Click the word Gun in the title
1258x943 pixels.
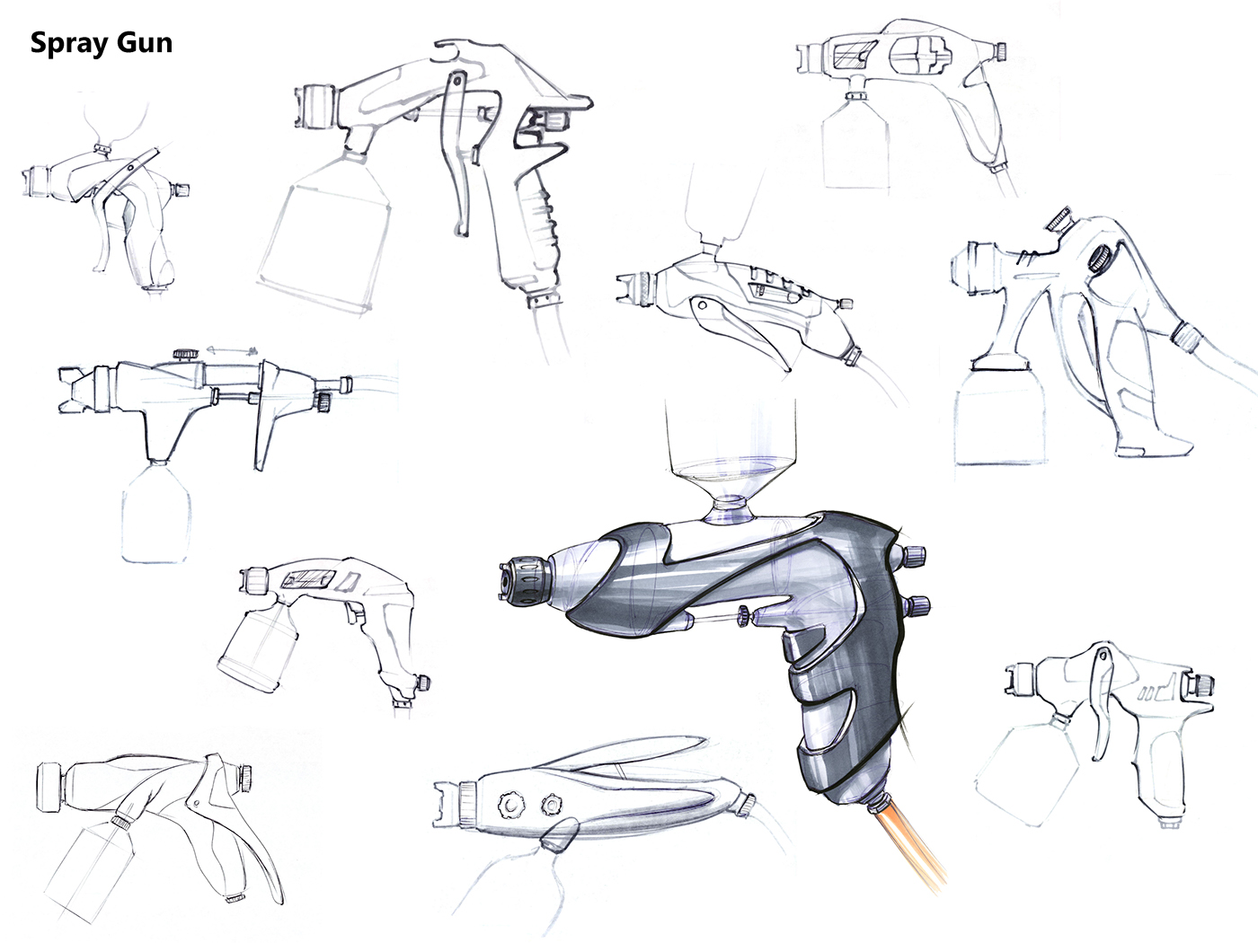pyautogui.click(x=145, y=43)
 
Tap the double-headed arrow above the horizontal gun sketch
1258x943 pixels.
pyautogui.click(x=232, y=349)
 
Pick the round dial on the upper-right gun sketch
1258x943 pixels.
pyautogui.click(x=1098, y=258)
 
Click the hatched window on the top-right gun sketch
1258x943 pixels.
pyautogui.click(x=852, y=55)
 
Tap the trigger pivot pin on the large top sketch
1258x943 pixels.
pyautogui.click(x=456, y=82)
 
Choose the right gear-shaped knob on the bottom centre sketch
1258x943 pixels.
pyautogui.click(x=552, y=806)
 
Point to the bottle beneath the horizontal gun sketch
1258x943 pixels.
pyautogui.click(x=156, y=513)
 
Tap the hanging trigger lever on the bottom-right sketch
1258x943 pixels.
pyautogui.click(x=1101, y=703)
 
